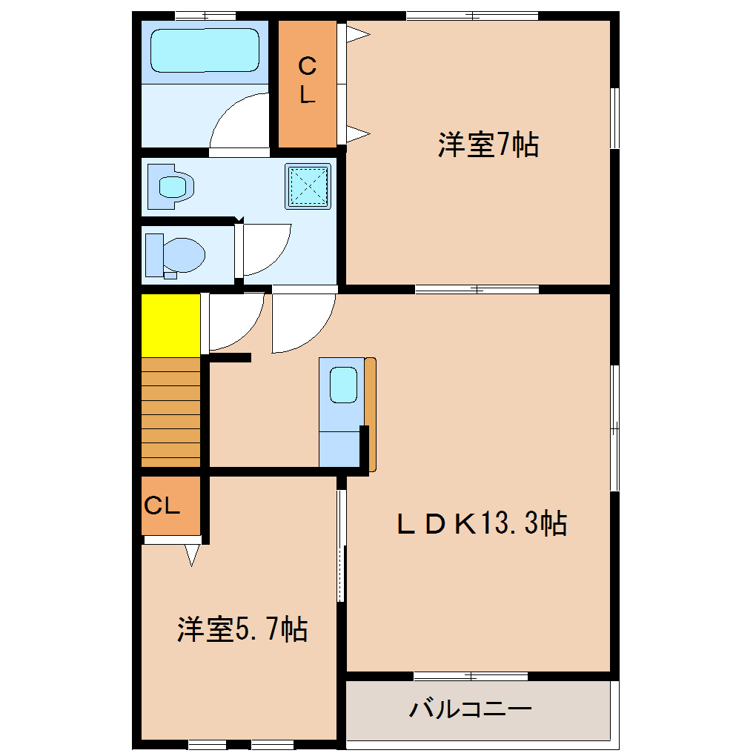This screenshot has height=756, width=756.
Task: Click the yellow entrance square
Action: pos(171,325)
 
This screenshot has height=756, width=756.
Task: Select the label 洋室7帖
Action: pos(488,145)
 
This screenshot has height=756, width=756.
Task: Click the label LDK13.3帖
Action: pos(482,523)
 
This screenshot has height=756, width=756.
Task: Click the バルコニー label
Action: pos(471,710)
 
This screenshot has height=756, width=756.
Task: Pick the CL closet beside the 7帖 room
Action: pos(308,82)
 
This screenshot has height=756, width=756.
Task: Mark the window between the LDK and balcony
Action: pos(471,675)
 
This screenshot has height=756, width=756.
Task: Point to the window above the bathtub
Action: pos(205,15)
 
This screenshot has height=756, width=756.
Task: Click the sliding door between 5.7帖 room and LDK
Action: pos(341,545)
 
